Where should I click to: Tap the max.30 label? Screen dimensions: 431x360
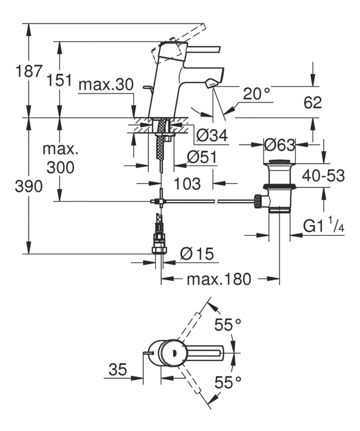tap(106, 84)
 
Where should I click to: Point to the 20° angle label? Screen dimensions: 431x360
tap(256, 94)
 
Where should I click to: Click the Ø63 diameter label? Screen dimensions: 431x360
tap(279, 145)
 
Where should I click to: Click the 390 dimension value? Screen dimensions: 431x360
tap(28, 186)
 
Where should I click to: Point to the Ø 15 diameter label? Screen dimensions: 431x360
tap(197, 255)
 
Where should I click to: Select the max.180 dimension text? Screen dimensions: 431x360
tap(219, 280)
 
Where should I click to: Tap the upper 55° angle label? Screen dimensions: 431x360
tap(227, 325)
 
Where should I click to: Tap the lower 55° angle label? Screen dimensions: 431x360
tap(227, 381)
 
